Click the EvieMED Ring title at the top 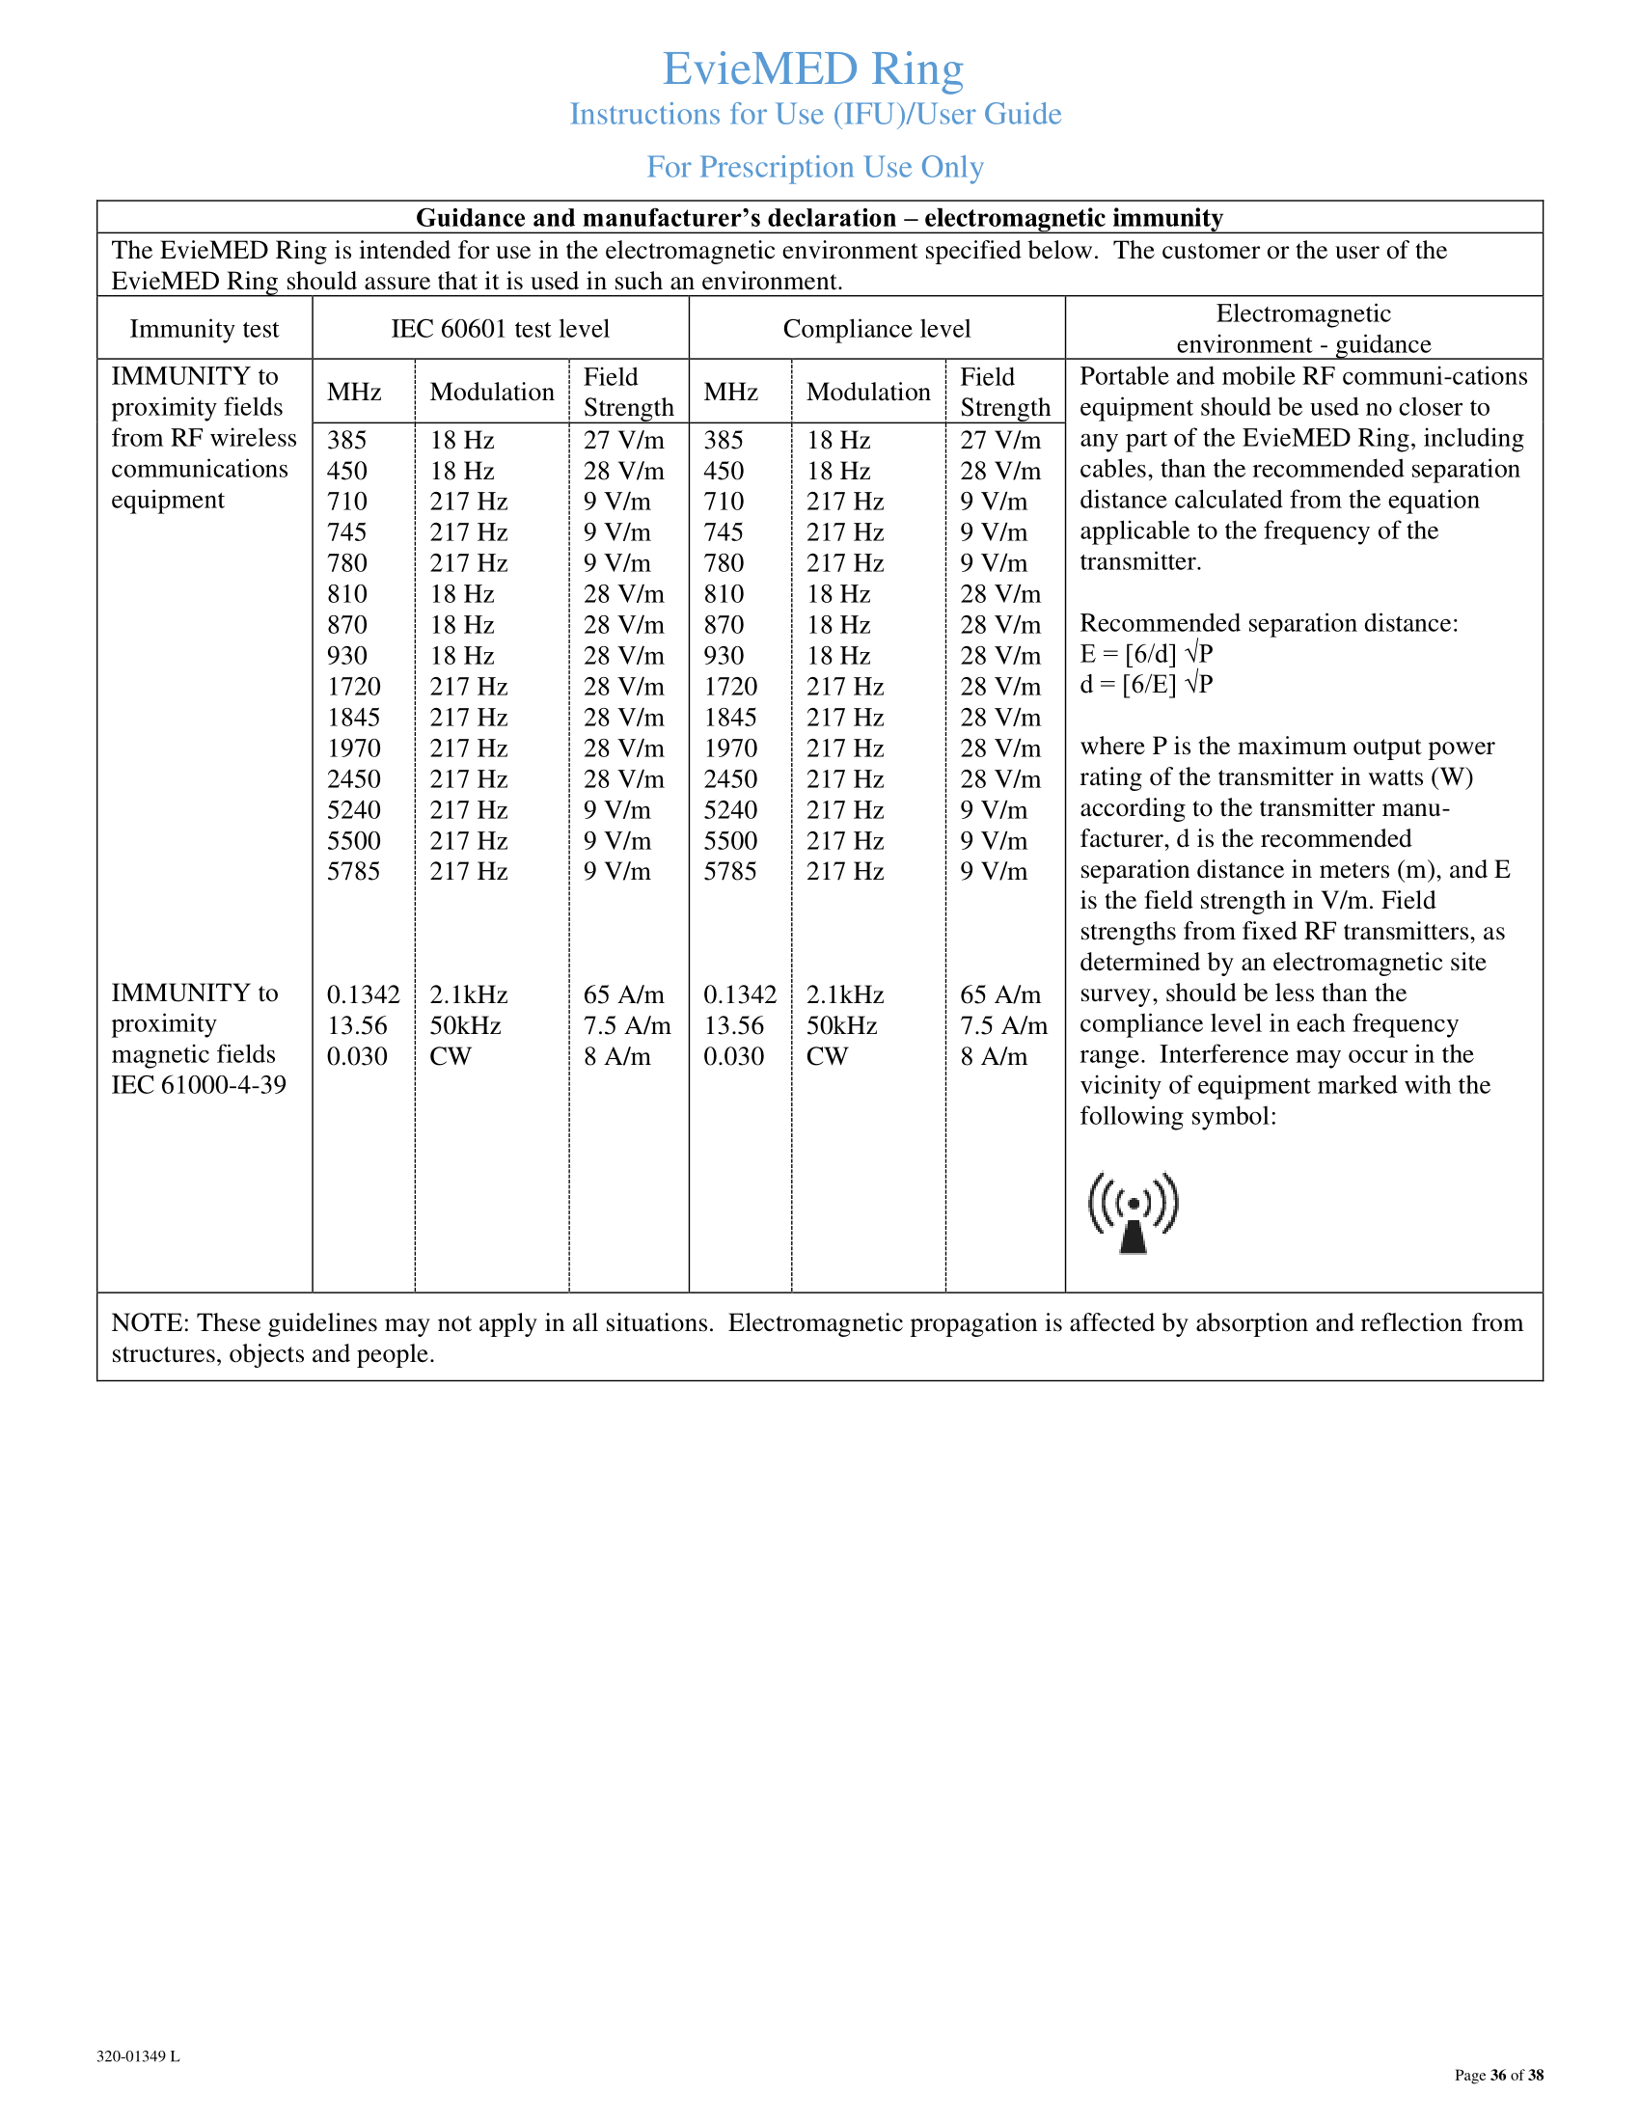coord(813,69)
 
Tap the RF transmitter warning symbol coord(1133,1212)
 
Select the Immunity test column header coord(204,329)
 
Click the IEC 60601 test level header coord(501,329)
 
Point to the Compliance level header coord(876,329)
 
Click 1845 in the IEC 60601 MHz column coord(353,718)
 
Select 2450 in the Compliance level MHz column coord(730,779)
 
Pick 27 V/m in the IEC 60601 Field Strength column coord(624,440)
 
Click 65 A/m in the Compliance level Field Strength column coord(999,995)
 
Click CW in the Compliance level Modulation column coord(827,1056)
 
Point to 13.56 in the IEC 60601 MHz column coord(357,1026)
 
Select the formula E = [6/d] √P coord(1146,654)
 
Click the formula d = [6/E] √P coord(1146,685)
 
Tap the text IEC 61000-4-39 coord(198,1085)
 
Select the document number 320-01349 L coord(138,2056)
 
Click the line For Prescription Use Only coord(815,167)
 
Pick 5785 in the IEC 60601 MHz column coord(353,872)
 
